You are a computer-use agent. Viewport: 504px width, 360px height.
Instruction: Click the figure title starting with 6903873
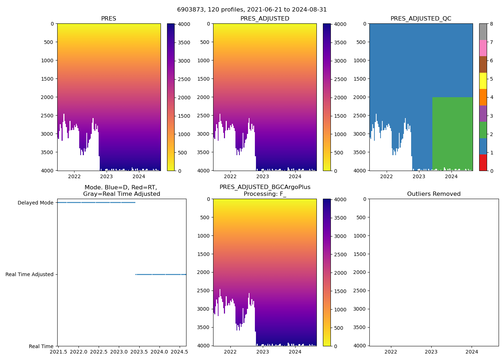252,10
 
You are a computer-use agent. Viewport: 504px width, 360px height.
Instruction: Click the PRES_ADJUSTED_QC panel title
421,19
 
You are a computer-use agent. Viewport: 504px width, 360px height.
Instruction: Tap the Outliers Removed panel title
434,194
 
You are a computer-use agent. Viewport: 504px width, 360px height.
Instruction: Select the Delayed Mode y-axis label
35,203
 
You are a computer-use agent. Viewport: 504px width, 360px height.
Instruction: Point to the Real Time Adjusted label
30,274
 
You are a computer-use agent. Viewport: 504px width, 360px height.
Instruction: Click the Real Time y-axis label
41,346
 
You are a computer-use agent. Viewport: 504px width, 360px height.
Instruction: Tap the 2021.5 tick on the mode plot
58,352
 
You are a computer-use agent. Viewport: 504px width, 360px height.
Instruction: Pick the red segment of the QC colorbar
483,163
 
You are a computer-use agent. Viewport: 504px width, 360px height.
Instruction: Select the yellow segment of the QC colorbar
483,81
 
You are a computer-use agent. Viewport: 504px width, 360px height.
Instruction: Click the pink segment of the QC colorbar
483,48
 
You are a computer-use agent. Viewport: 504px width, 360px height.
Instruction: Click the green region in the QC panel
452,133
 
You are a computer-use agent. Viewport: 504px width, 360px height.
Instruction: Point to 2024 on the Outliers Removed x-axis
472,352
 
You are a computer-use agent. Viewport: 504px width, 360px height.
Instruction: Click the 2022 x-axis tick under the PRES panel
75,176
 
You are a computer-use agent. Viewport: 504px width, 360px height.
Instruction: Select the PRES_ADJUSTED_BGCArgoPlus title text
265,187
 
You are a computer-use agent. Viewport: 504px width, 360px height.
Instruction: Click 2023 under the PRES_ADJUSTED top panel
262,176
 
